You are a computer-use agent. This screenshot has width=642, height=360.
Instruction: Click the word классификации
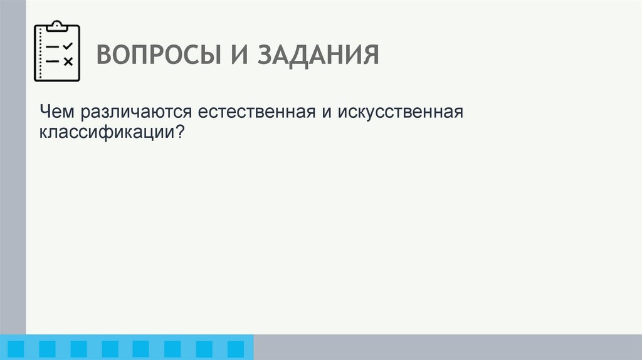(x=107, y=132)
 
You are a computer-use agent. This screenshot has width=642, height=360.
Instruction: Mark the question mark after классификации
(x=181, y=132)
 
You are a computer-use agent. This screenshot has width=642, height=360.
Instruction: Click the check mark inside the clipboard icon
(x=68, y=46)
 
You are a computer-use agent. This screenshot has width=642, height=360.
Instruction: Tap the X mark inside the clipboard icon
(x=68, y=61)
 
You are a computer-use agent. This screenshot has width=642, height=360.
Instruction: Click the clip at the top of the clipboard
(x=57, y=26)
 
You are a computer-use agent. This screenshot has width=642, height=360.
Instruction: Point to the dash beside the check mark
(x=53, y=47)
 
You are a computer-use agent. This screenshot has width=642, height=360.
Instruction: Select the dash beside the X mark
(x=53, y=61)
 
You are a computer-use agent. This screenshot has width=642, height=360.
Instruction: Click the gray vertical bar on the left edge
(x=13, y=176)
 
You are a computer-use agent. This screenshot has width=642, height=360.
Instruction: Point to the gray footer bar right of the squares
(x=448, y=347)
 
